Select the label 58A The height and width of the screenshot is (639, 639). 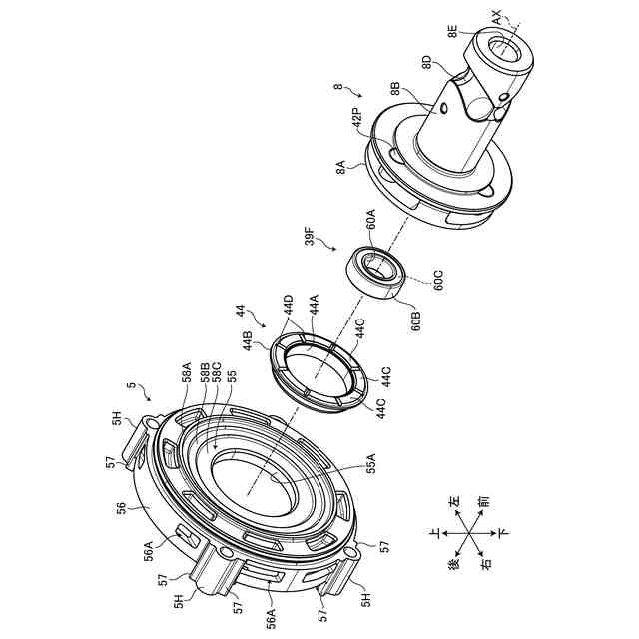click(x=186, y=374)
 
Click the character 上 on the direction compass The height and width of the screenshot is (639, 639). click(x=431, y=533)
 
